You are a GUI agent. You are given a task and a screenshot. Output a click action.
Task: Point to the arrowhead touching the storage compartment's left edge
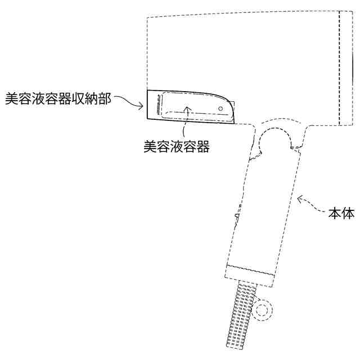point(142,105)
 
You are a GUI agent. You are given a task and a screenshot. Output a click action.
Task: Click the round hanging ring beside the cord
point(262,310)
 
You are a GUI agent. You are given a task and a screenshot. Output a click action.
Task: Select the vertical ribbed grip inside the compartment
point(159,106)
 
